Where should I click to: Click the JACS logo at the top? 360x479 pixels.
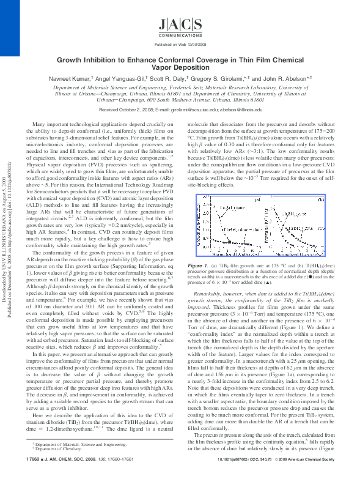pos(179,25)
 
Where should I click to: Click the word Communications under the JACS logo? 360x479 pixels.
pos(179,35)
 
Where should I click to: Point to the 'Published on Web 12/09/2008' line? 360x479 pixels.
pos(179,45)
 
